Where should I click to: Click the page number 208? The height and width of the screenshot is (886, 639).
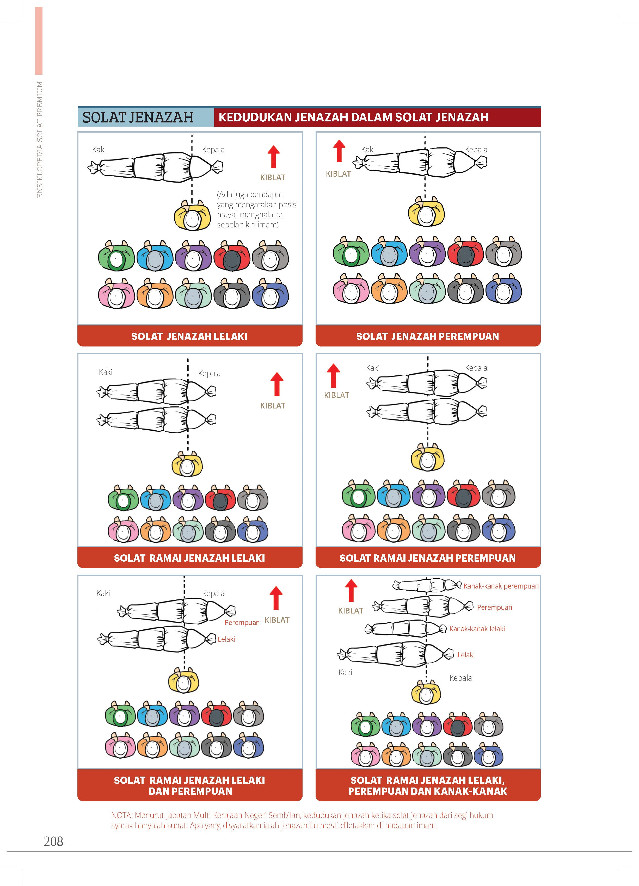[53, 841]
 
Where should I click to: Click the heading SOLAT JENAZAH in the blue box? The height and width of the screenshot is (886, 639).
[138, 117]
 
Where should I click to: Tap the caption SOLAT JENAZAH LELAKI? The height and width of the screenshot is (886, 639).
[189, 336]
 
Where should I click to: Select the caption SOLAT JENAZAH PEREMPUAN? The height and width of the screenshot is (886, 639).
[428, 336]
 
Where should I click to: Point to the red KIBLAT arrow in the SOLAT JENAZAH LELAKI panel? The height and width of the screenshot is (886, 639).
[274, 157]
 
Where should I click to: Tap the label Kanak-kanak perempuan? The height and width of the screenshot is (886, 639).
[501, 586]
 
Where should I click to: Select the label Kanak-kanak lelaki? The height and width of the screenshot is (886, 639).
[477, 629]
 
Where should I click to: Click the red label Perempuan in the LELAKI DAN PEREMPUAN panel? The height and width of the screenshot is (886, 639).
[242, 622]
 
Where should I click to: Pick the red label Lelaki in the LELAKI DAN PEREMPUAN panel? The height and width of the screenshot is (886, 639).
[226, 639]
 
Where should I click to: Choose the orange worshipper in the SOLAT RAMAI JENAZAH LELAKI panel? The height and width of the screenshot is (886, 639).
[155, 529]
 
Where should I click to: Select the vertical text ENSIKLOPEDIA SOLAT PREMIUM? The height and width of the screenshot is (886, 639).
[39, 139]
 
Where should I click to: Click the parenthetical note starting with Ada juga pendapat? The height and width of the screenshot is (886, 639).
[257, 209]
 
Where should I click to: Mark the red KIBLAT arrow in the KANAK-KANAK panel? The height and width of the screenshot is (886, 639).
[351, 590]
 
